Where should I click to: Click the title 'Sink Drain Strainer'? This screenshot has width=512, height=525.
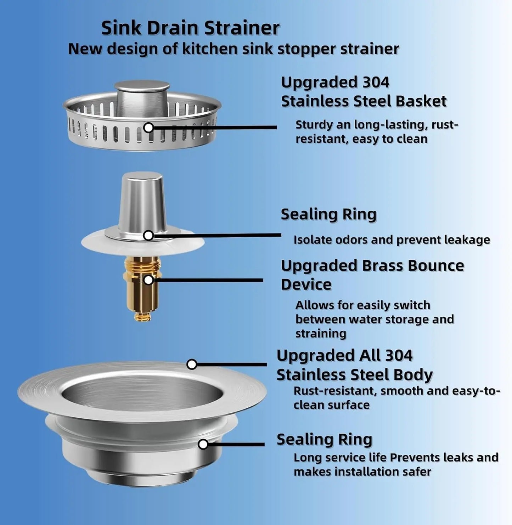(190, 28)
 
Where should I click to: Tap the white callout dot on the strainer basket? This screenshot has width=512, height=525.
(149, 127)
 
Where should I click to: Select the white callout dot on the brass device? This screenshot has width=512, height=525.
(148, 280)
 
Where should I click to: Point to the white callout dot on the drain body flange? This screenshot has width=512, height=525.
(192, 364)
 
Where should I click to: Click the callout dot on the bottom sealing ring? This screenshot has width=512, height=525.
(203, 444)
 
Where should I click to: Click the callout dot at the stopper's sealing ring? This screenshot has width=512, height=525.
(148, 235)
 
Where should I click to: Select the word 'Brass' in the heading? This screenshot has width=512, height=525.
(382, 266)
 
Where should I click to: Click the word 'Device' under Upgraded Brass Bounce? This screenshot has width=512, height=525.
(306, 284)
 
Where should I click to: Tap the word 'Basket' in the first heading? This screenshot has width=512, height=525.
(421, 101)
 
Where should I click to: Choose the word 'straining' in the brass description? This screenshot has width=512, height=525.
(321, 334)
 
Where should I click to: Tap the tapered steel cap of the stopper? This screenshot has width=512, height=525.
(142, 202)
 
